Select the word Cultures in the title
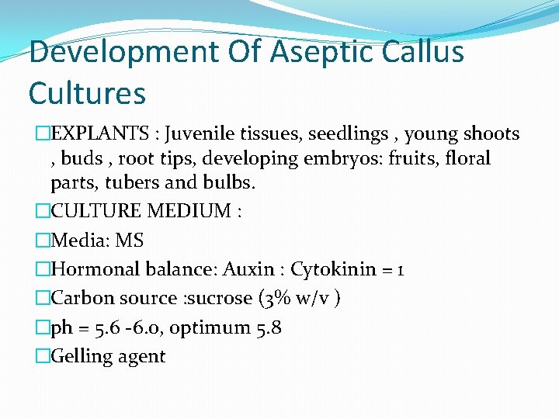pyautogui.click(x=87, y=93)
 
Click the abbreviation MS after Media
pyautogui.click(x=129, y=241)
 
